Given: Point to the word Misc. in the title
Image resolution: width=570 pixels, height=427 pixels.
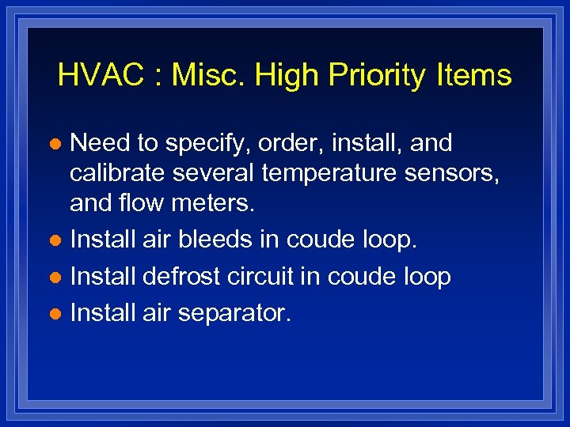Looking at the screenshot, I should [x=210, y=76].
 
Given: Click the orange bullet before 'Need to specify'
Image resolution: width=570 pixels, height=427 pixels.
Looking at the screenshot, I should [x=55, y=145].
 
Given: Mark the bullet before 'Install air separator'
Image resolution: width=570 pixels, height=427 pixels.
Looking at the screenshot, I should [x=55, y=315].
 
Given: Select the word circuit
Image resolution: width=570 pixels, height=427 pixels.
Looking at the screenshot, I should [x=268, y=277].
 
